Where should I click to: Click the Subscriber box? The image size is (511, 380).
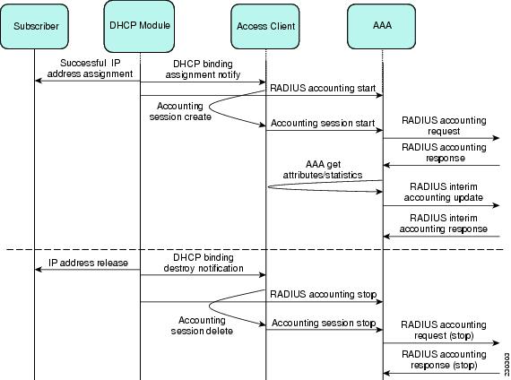click(35, 26)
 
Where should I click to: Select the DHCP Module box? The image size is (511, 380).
click(139, 26)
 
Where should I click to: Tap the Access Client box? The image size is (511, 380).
click(265, 26)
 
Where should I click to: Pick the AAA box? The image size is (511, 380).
click(382, 26)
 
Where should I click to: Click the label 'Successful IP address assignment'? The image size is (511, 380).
click(90, 68)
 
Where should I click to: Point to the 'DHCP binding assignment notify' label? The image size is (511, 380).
click(203, 69)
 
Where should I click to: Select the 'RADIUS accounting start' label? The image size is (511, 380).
click(323, 88)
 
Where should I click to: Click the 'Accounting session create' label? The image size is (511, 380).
click(180, 111)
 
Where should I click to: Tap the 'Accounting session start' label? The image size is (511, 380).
click(323, 123)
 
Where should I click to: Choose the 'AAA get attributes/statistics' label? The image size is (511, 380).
click(323, 169)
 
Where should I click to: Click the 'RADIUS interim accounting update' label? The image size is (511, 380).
click(444, 192)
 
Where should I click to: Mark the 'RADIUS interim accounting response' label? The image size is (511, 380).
click(444, 223)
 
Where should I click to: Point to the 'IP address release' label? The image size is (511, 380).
click(88, 263)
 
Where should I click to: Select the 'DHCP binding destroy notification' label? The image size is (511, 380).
click(204, 263)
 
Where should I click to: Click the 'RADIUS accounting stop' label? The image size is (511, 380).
click(324, 294)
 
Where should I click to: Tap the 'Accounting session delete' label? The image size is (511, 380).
click(202, 325)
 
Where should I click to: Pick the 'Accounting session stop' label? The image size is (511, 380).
click(324, 323)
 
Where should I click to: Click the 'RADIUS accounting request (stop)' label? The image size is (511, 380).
click(444, 330)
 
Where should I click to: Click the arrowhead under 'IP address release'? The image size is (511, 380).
click(39, 269)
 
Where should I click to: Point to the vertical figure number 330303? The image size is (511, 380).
click(507, 365)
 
